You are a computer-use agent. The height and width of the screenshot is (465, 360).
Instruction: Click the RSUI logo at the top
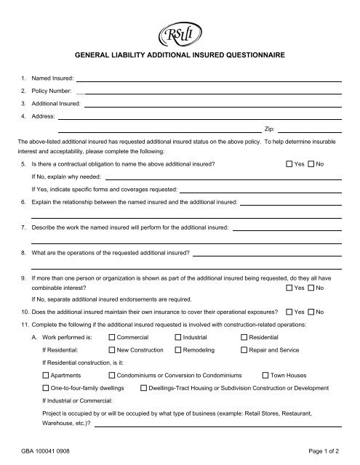pyautogui.click(x=180, y=33)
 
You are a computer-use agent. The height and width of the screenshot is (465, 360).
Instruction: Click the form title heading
pyautogui.click(x=180, y=55)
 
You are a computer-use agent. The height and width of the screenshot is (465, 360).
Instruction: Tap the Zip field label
pyautogui.click(x=271, y=126)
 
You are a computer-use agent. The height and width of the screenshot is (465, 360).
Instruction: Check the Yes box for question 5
pyautogui.click(x=290, y=164)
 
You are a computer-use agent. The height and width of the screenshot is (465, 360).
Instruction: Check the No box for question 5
pyautogui.click(x=313, y=164)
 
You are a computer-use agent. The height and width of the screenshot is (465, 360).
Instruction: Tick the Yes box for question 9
pyautogui.click(x=290, y=288)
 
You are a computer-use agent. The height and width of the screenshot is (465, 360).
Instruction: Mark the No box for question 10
pyautogui.click(x=313, y=312)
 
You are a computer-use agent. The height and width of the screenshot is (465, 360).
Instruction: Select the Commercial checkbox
pyautogui.click(x=111, y=338)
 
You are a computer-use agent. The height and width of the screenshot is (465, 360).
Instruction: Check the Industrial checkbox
pyautogui.click(x=178, y=338)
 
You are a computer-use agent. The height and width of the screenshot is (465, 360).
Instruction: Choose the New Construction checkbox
pyautogui.click(x=111, y=349)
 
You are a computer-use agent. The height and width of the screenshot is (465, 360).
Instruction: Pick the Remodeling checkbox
pyautogui.click(x=178, y=349)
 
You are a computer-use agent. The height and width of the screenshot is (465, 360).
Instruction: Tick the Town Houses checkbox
pyautogui.click(x=265, y=377)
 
